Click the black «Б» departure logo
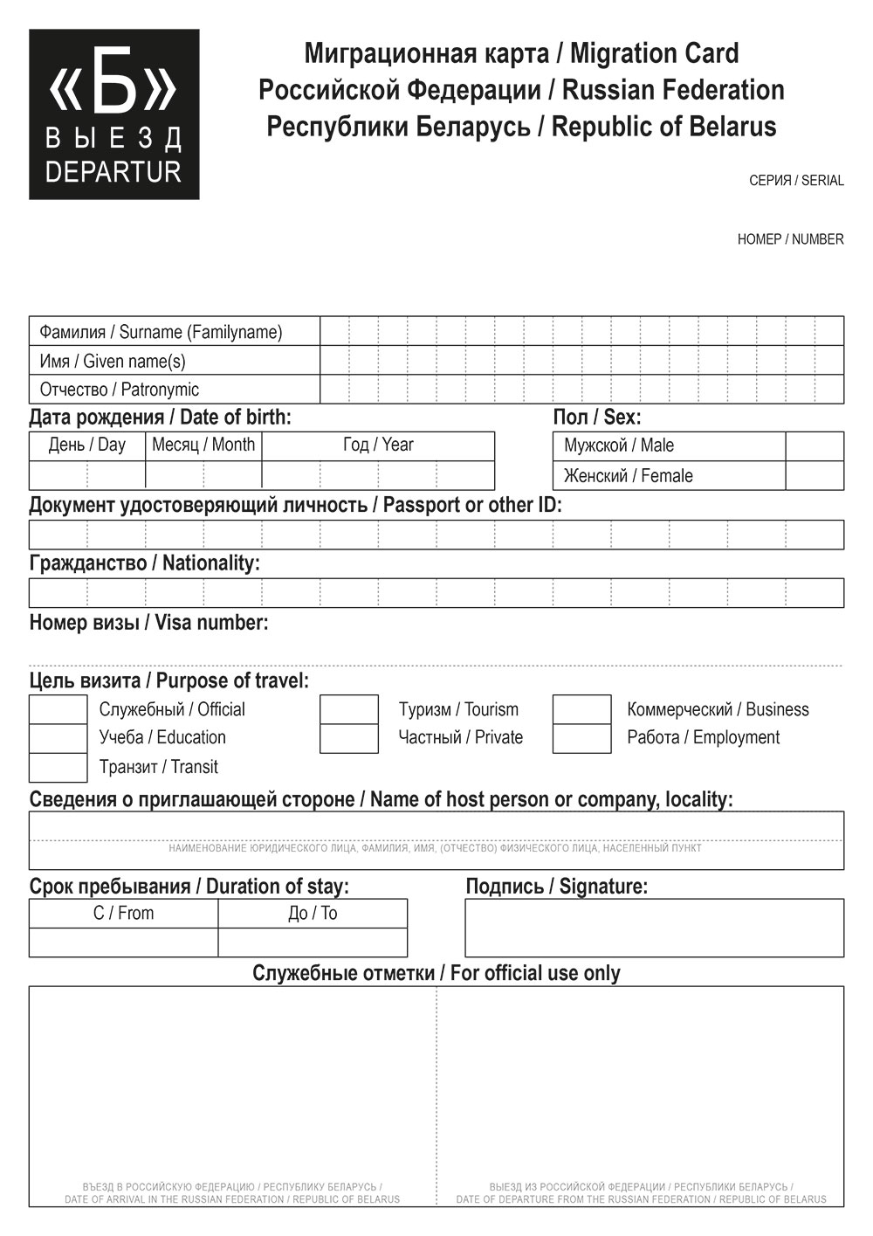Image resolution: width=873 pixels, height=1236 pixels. [x=113, y=114]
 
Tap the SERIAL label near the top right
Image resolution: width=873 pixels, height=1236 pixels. [x=796, y=181]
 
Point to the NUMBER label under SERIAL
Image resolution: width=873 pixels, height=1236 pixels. [x=790, y=239]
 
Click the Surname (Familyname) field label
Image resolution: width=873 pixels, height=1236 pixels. [x=161, y=332]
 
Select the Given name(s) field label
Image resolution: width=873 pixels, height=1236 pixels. [x=113, y=361]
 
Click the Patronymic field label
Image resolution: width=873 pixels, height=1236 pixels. [x=120, y=390]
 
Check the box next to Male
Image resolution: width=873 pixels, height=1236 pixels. [x=815, y=446]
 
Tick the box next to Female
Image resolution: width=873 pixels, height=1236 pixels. [x=815, y=475]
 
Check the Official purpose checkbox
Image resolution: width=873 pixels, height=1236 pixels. [x=58, y=709]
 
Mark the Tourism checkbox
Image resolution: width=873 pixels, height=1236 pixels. [x=349, y=709]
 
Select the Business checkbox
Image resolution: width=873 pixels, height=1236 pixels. [x=582, y=709]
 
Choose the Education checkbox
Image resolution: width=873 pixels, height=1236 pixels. [x=58, y=738]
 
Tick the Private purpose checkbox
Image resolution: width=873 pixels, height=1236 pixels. [x=349, y=738]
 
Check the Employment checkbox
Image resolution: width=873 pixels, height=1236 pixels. [x=582, y=738]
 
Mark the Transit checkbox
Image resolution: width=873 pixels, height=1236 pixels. [x=58, y=767]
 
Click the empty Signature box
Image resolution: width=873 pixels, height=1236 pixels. [x=654, y=928]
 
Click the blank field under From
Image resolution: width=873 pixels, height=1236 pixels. [x=123, y=943]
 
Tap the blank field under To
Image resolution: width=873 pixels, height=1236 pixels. [x=313, y=943]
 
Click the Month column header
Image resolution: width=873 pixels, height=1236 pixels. [x=203, y=445]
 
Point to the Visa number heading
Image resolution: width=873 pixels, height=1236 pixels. [x=148, y=623]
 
